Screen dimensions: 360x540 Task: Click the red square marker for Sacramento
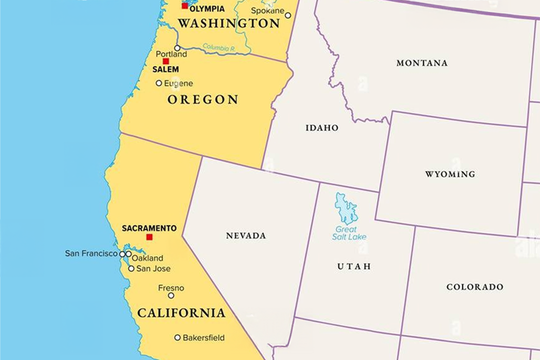(149, 237)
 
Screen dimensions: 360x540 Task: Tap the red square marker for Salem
(165, 61)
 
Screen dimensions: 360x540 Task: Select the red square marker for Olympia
(184, 6)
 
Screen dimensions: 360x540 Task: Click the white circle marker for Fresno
(171, 295)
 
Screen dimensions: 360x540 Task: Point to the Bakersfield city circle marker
(177, 337)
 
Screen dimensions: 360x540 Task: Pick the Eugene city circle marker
(159, 83)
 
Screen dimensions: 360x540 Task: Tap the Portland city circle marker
(177, 48)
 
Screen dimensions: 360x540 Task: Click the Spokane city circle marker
(288, 15)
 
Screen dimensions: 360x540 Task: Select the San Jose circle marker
(131, 268)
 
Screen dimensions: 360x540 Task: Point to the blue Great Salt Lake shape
(346, 207)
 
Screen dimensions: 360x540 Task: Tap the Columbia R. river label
(219, 48)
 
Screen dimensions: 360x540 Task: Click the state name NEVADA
(246, 235)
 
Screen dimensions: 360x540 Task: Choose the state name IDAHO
(322, 128)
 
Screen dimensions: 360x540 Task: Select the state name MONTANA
(422, 63)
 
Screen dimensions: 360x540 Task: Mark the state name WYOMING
(450, 174)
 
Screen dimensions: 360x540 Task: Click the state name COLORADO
(474, 287)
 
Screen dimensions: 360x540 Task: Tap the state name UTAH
(354, 266)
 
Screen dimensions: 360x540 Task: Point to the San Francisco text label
(91, 253)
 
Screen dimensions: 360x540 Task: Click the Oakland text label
(147, 258)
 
